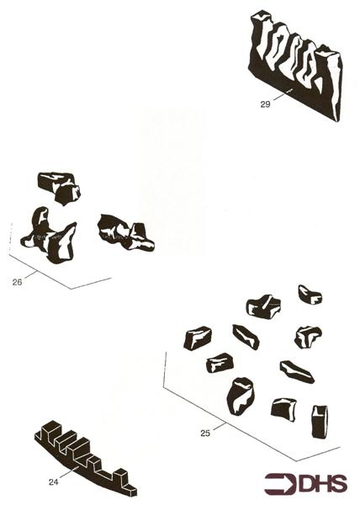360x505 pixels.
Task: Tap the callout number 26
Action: (16, 282)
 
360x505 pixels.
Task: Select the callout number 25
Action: (204, 433)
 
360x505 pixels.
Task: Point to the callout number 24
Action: (53, 482)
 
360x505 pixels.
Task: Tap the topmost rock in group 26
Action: (59, 186)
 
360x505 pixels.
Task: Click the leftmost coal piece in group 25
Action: (198, 338)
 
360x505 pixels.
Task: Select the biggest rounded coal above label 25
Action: (241, 394)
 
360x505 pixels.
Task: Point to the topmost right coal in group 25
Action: (310, 295)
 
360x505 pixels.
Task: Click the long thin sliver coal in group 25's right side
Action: (296, 370)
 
